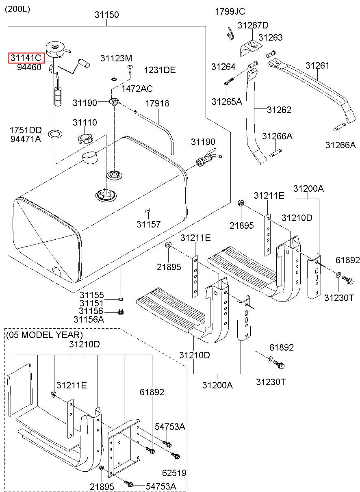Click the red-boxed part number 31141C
[26, 58]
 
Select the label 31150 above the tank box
[107, 15]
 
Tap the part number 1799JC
[230, 11]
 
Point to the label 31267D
[253, 25]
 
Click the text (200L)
[17, 9]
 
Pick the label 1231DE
[160, 70]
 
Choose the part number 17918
[157, 103]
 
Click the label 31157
[148, 224]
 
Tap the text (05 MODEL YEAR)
[45, 335]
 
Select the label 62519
[174, 472]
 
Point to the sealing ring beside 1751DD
[55, 133]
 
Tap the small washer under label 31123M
[114, 79]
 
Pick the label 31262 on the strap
[279, 110]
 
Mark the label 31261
[317, 65]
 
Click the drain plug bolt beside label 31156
[121, 312]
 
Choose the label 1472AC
[137, 89]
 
